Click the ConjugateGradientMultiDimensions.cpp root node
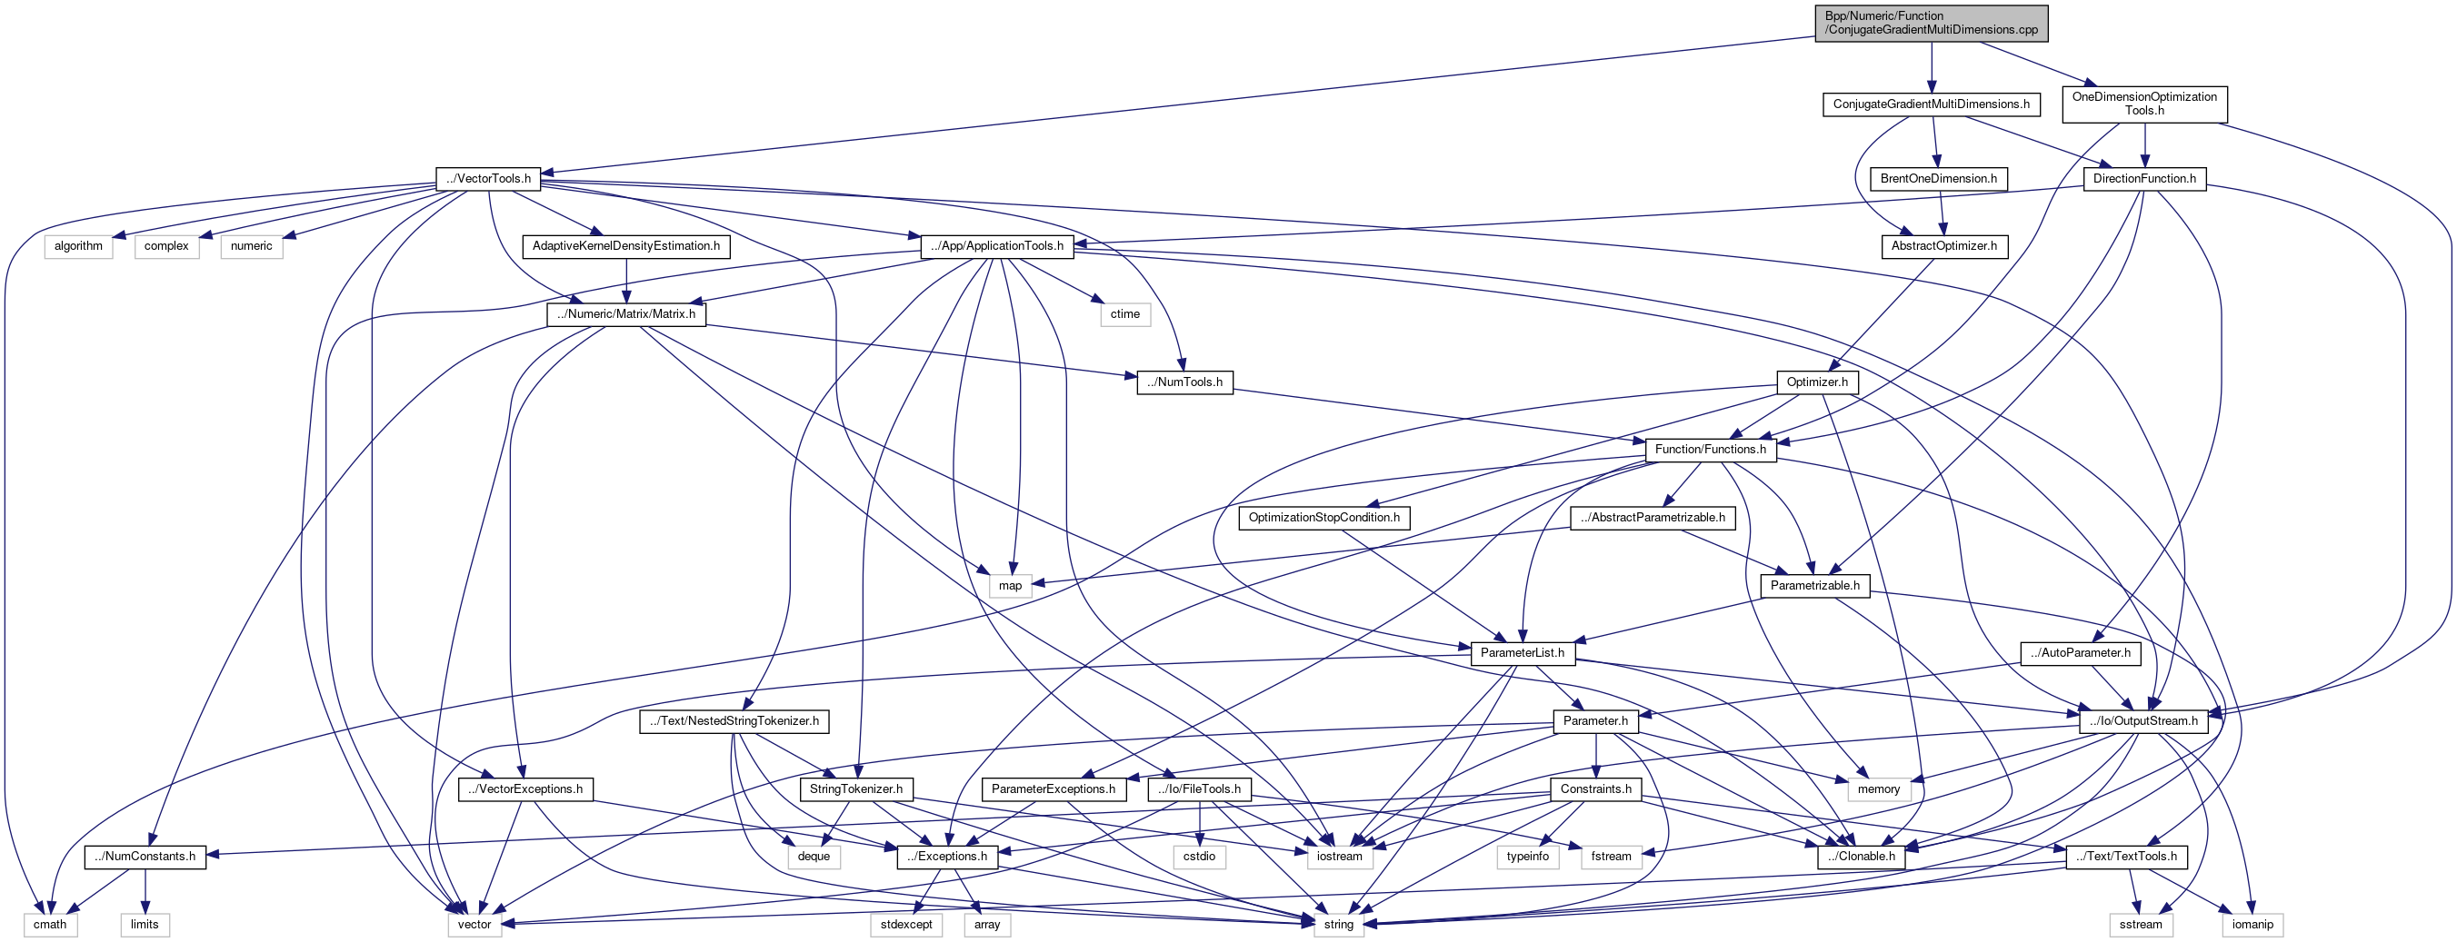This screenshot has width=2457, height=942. click(1931, 23)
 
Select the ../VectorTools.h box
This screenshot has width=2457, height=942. click(488, 178)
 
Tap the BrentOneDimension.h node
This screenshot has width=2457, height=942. click(1938, 178)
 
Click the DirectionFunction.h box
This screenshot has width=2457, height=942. click(2143, 178)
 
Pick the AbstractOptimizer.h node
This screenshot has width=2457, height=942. click(1943, 246)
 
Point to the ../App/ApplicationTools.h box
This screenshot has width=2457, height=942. click(997, 246)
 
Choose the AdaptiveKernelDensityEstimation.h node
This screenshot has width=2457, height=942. click(625, 246)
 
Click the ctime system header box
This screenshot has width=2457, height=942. click(1124, 313)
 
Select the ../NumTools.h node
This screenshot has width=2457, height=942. click(1184, 382)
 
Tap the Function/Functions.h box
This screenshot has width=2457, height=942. click(1709, 449)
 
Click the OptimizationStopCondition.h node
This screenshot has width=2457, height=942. click(1323, 518)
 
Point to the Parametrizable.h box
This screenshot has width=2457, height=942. click(1814, 585)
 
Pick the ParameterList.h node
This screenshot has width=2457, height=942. click(1522, 653)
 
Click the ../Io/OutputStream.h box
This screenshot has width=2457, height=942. click(2142, 720)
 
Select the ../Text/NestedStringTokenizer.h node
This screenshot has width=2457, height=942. click(734, 720)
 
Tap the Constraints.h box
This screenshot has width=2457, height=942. click(1594, 788)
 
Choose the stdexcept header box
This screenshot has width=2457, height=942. click(905, 924)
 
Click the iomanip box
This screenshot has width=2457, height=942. click(2252, 924)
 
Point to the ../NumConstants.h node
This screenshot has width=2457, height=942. click(145, 857)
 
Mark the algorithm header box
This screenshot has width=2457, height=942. click(78, 246)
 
